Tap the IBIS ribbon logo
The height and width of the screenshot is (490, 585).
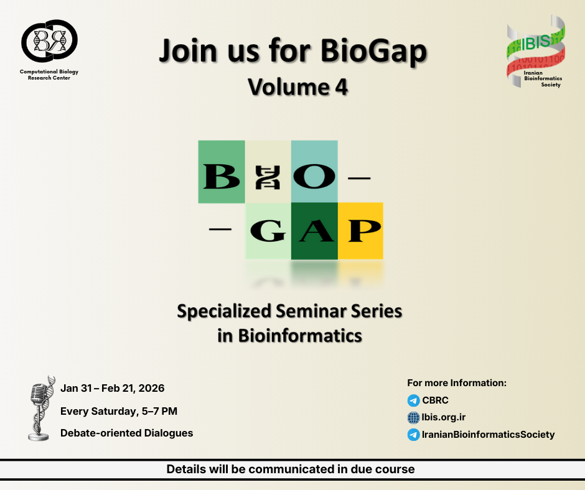point(536,52)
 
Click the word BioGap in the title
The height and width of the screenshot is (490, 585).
point(373,51)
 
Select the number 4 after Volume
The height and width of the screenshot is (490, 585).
point(341,87)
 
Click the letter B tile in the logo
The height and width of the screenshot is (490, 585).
point(221,172)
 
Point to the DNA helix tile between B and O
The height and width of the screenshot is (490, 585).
point(268,172)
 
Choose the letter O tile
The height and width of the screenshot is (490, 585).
point(314,172)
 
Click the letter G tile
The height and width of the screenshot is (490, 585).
point(268,231)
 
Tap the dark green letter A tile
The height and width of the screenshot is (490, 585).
point(314,231)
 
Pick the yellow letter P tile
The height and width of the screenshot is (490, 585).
point(360,231)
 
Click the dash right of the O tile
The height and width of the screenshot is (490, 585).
point(359,178)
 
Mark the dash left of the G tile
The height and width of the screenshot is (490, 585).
point(220,229)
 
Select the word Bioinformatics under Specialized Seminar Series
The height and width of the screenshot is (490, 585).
point(300,336)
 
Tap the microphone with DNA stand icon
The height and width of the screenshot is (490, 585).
point(41,409)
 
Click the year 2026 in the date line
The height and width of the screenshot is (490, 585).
point(151,388)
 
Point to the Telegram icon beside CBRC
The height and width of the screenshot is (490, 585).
point(413,400)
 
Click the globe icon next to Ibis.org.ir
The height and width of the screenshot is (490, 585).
point(413,418)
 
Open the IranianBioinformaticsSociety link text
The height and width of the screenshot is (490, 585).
point(488,435)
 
